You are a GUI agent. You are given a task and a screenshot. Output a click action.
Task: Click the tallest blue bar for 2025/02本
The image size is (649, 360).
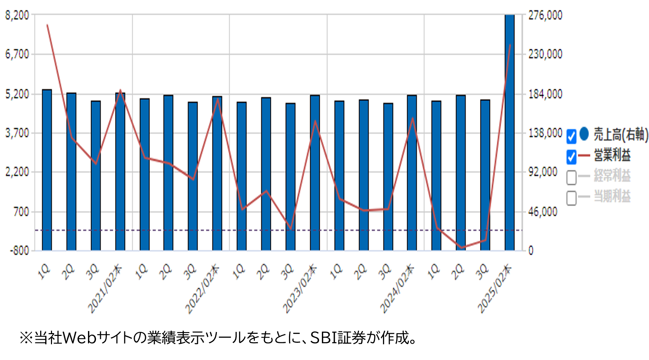tap(509, 133)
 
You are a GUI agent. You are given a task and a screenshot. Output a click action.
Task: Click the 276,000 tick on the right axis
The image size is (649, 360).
tap(545, 15)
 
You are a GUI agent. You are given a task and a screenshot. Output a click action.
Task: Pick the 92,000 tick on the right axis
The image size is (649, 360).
tap(543, 172)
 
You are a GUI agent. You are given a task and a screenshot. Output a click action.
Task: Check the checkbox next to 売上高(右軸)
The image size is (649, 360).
tap(571, 136)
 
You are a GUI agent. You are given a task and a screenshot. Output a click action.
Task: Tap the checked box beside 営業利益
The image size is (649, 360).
tap(571, 156)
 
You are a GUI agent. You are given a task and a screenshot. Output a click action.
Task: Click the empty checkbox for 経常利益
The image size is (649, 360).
tap(571, 177)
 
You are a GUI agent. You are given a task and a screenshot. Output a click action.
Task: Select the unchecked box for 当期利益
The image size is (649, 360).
tap(571, 198)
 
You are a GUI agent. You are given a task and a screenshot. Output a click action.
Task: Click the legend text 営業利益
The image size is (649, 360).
tap(612, 155)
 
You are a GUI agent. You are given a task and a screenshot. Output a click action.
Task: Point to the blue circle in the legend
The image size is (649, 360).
tap(584, 134)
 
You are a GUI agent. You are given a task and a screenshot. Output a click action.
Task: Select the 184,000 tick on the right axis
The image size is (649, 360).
tap(545, 94)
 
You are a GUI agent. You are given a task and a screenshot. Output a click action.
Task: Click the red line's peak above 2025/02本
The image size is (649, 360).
tap(510, 45)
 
